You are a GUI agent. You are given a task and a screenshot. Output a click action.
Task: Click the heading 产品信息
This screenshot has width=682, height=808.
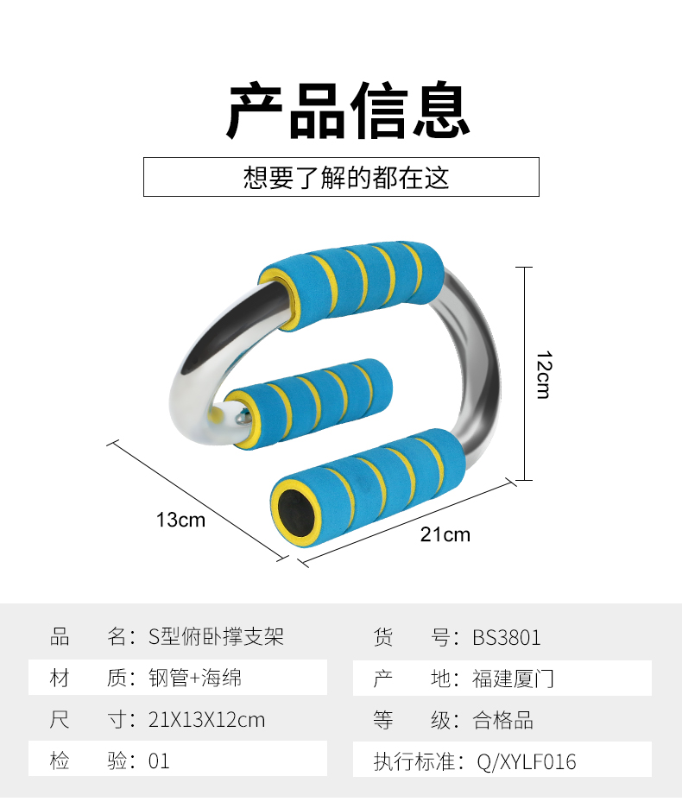pyautogui.click(x=348, y=111)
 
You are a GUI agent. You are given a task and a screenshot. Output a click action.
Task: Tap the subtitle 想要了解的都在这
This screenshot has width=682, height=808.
pyautogui.click(x=346, y=178)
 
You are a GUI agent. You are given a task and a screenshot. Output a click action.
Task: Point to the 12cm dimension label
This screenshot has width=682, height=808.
pyautogui.click(x=543, y=374)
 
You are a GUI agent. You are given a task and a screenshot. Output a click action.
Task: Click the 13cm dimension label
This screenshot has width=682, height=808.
pyautogui.click(x=181, y=520)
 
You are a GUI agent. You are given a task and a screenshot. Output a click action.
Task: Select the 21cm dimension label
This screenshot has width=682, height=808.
pyautogui.click(x=445, y=534)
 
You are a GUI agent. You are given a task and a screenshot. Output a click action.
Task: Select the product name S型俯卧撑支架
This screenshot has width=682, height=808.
pyautogui.click(x=217, y=638)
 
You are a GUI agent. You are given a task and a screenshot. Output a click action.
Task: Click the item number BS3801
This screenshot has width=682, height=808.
pyautogui.click(x=507, y=638)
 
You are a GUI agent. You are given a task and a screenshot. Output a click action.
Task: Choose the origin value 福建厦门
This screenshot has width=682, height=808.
pyautogui.click(x=513, y=679)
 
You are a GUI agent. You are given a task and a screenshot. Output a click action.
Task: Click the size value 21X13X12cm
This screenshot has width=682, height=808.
pyautogui.click(x=207, y=719)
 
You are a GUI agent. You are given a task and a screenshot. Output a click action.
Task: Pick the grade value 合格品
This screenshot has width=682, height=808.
pyautogui.click(x=503, y=719)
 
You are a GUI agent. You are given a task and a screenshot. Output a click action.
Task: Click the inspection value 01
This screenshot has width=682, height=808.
pyautogui.click(x=160, y=761)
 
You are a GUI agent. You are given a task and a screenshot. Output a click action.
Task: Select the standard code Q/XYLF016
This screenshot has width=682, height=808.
pyautogui.click(x=526, y=762)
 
